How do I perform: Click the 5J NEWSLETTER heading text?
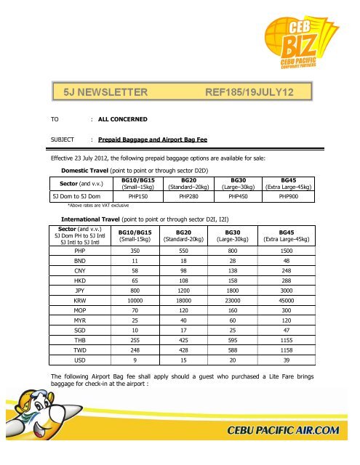click(106, 92)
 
